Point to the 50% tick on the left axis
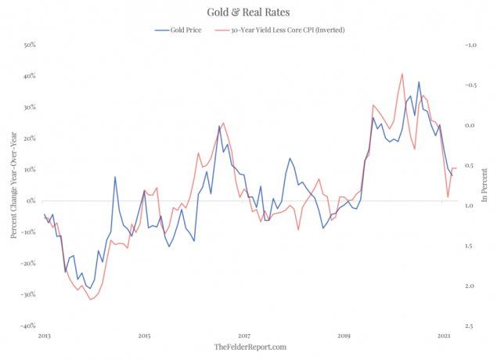[28, 45]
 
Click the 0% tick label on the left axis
[31, 201]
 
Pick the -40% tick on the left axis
[27, 326]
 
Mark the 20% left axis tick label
[28, 139]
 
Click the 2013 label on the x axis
[44, 335]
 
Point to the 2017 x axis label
[243, 335]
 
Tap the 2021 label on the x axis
[444, 335]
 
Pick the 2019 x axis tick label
[344, 335]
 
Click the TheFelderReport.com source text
[250, 347]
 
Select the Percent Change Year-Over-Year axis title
[13, 186]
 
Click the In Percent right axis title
[486, 186]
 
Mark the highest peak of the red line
[402, 74]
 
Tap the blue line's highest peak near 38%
[419, 81]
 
